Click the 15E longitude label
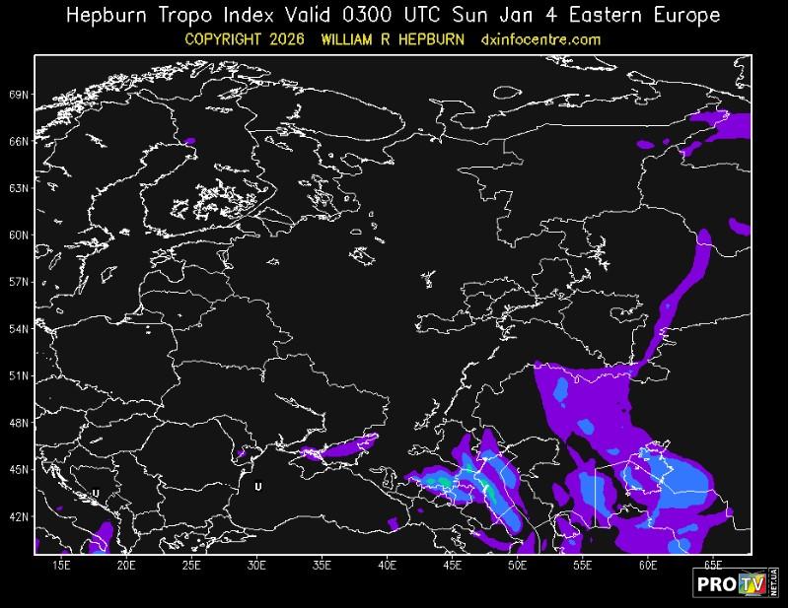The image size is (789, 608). [61, 566]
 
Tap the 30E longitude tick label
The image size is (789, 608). [256, 566]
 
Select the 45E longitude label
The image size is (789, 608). [452, 566]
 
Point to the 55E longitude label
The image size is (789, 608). [582, 566]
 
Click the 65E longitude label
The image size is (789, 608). [713, 566]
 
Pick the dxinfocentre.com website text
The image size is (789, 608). [540, 39]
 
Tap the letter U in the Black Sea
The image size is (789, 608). [257, 487]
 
